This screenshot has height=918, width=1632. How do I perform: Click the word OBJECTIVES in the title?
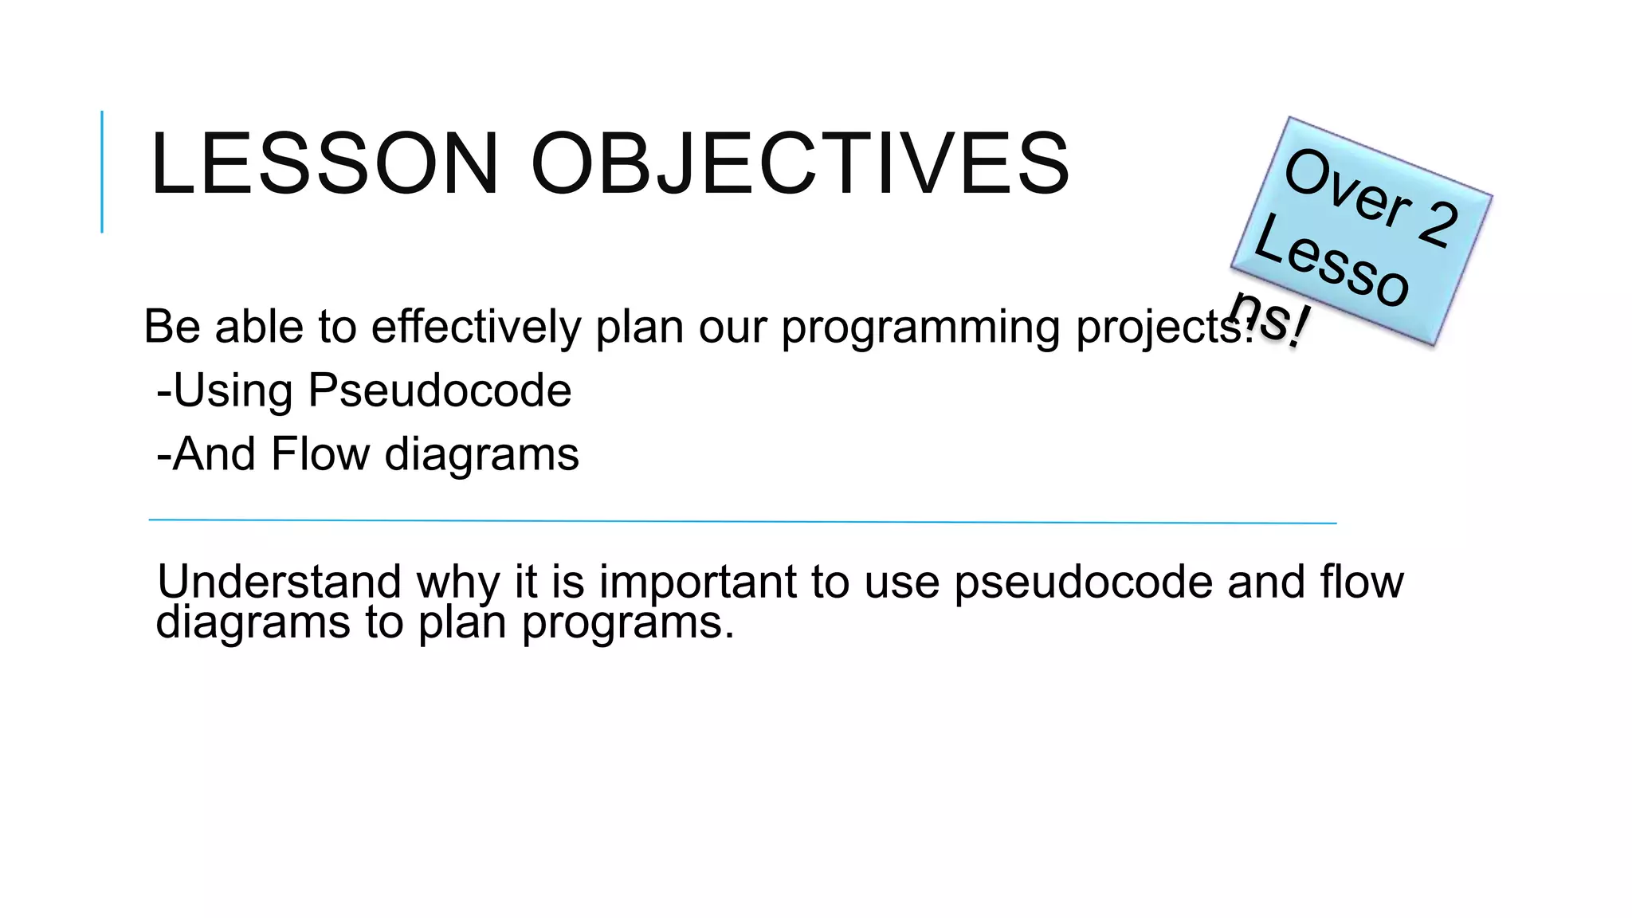800,163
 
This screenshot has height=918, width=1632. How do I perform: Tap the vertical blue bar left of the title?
102,171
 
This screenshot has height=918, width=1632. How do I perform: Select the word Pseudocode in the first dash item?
439,390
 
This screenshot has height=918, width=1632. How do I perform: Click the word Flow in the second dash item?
320,454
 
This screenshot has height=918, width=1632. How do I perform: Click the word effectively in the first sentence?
476,327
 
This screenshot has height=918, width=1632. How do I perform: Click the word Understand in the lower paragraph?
279,581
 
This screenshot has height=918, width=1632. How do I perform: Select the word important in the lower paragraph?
697,582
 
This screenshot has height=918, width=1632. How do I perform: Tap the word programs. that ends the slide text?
627,623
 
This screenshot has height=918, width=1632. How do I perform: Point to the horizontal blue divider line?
741,521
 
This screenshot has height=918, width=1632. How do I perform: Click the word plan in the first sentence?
639,328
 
